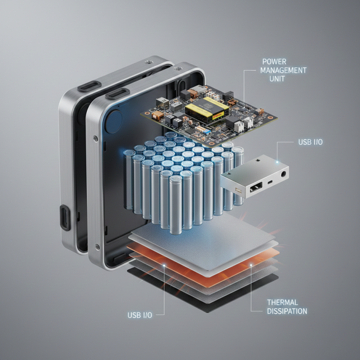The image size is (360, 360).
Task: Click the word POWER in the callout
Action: pyautogui.click(x=274, y=62)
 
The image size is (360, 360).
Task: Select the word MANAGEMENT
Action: pyautogui.click(x=283, y=70)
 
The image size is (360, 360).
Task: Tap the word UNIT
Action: pyautogui.click(x=277, y=79)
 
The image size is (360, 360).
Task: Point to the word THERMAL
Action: pyautogui.click(x=283, y=302)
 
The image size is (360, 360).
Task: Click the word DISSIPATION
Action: pyautogui.click(x=287, y=311)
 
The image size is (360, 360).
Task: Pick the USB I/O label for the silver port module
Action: pyautogui.click(x=310, y=142)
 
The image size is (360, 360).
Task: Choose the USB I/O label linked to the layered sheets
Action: pyautogui.click(x=140, y=315)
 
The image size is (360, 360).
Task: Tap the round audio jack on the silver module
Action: pyautogui.click(x=284, y=174)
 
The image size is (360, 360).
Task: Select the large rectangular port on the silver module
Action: pyautogui.click(x=256, y=187)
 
